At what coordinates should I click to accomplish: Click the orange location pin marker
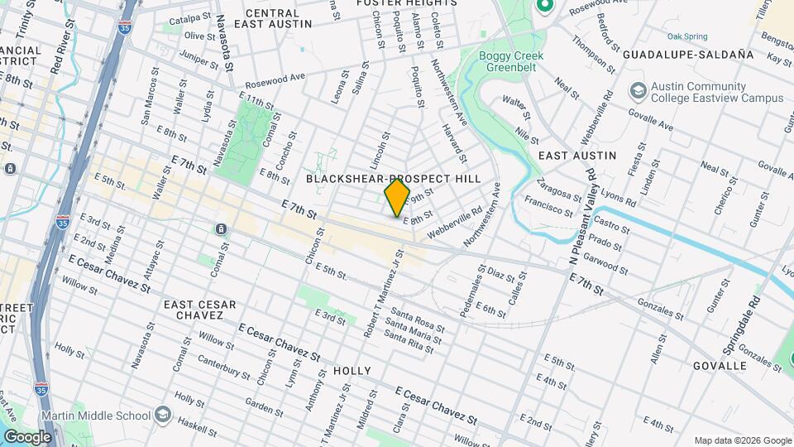pyautogui.click(x=397, y=197)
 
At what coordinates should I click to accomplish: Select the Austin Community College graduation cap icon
pyautogui.click(x=638, y=89)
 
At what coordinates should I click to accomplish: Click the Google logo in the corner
pyautogui.click(x=26, y=437)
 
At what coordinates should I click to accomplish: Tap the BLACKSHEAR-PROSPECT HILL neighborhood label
pyautogui.click(x=404, y=179)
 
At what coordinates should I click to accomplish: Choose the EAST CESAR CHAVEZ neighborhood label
pyautogui.click(x=194, y=310)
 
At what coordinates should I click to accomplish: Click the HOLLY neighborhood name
pyautogui.click(x=352, y=371)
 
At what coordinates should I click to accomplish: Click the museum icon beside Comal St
pyautogui.click(x=221, y=228)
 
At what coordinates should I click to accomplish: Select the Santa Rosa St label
pyautogui.click(x=419, y=320)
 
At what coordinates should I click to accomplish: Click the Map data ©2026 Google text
pyautogui.click(x=742, y=440)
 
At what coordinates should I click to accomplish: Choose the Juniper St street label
pyautogui.click(x=198, y=58)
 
